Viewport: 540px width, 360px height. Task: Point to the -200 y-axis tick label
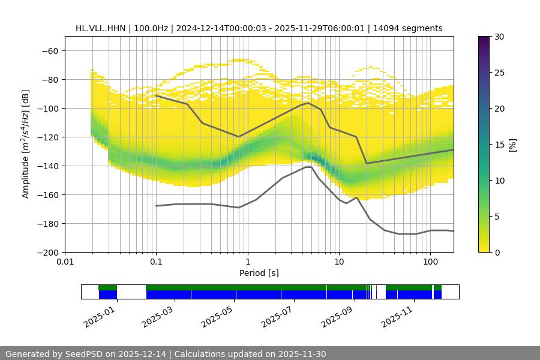coord(48,252)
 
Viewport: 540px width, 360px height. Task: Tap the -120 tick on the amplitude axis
coord(48,137)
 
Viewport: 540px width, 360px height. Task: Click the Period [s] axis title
coord(259,273)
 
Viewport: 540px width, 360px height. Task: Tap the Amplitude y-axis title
coord(25,144)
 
